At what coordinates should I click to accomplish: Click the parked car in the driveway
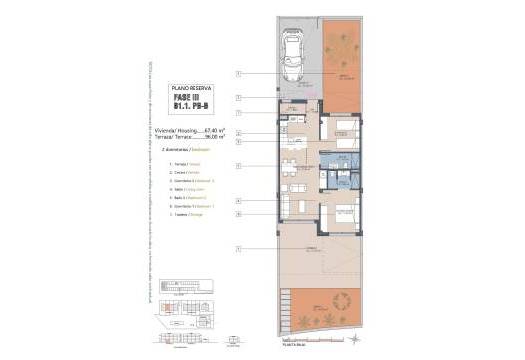pos(296,58)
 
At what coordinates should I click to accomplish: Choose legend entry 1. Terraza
pos(184,164)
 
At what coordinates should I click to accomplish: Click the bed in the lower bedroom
pos(343,213)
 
